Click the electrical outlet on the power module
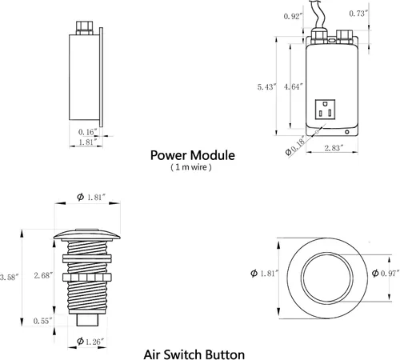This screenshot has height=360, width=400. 325,110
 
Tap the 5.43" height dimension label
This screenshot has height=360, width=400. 266,87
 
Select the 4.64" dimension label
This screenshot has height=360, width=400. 294,86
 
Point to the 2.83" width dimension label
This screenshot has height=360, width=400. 334,148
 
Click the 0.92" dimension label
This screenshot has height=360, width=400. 294,16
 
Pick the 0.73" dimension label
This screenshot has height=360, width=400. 358,13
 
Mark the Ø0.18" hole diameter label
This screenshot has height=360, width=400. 295,146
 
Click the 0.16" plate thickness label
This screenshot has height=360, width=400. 88,132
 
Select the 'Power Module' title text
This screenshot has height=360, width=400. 193,155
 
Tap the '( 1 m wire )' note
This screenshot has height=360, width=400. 191,167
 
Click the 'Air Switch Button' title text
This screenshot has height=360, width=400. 194,354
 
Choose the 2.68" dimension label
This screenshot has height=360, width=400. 43,275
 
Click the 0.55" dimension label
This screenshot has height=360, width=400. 42,321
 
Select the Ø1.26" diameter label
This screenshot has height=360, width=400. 90,342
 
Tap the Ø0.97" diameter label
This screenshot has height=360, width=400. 386,274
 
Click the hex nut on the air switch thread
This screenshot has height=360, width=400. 87,277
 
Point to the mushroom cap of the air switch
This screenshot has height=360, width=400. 87,234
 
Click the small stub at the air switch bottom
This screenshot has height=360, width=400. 87,320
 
